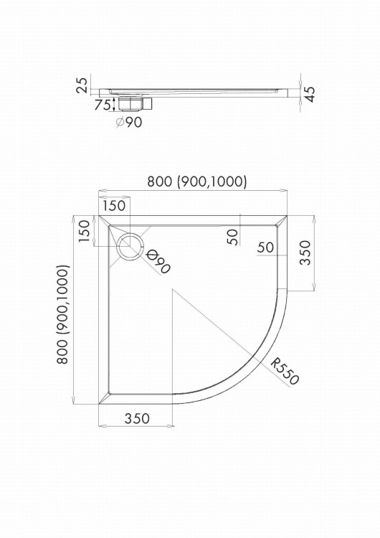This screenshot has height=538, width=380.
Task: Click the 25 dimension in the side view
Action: (82, 85)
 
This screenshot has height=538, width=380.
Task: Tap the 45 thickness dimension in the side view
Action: (309, 95)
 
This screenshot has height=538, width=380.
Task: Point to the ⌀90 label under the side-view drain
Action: (128, 122)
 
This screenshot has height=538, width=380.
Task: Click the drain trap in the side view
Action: (135, 103)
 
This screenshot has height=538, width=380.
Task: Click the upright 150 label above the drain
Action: (115, 206)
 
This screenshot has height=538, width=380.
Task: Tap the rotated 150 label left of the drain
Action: (84, 230)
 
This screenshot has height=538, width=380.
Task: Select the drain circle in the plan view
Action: (130, 246)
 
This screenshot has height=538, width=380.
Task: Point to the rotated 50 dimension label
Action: (232, 237)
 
